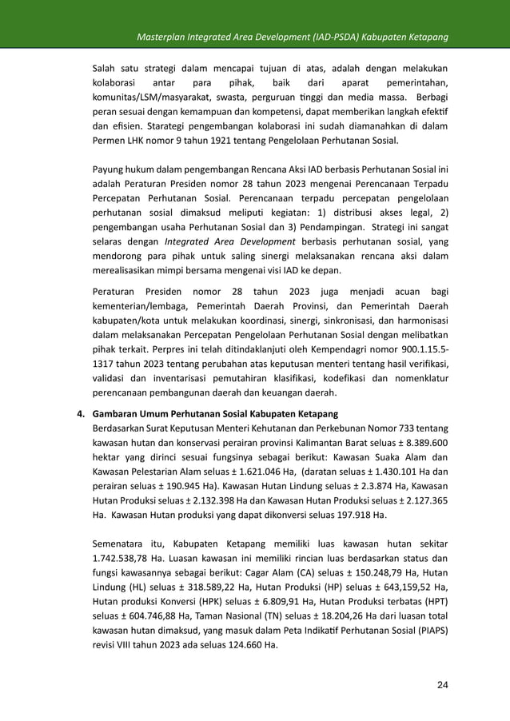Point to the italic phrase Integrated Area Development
tap(229, 241)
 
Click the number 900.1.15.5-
tap(418, 349)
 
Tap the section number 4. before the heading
tap(81, 414)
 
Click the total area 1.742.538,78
tap(127, 560)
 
